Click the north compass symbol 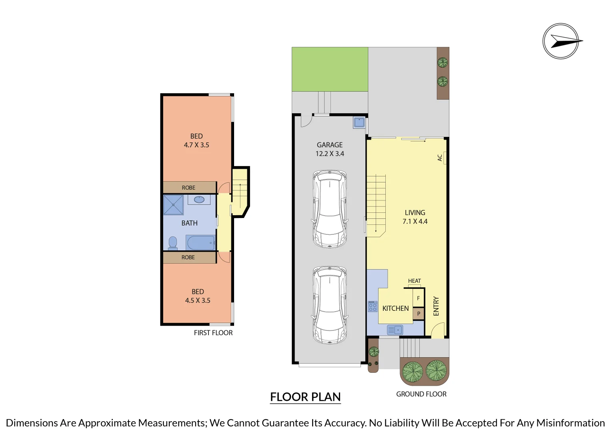[561, 41]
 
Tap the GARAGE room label [330, 145]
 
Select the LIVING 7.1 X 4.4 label [415, 217]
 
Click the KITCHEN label [395, 308]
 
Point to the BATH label [189, 223]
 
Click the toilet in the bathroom [173, 243]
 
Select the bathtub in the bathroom [200, 242]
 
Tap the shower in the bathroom [173, 205]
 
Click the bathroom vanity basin [199, 199]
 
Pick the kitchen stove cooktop [373, 306]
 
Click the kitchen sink [395, 330]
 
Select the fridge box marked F [419, 298]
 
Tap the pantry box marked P [419, 314]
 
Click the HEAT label [415, 281]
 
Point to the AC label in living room [440, 158]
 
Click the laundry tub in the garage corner [359, 122]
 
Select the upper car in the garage [330, 209]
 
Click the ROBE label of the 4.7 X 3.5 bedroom [188, 188]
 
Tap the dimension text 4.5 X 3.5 [198, 300]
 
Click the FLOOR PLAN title [305, 397]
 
